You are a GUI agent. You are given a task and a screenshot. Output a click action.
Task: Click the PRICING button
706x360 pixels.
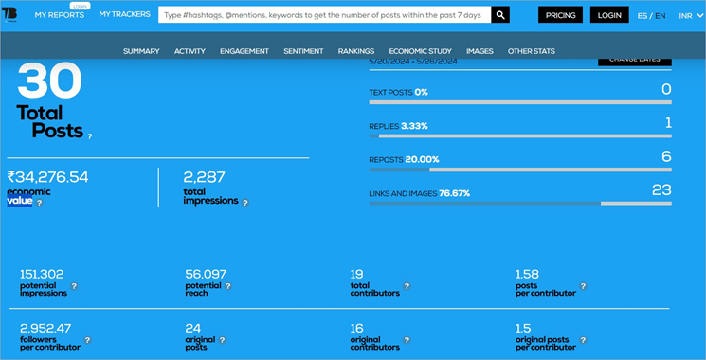pyautogui.click(x=561, y=15)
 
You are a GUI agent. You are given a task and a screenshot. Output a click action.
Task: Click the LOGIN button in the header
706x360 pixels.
pyautogui.click(x=609, y=15)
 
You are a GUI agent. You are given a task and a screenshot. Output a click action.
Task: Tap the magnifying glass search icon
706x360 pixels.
pyautogui.click(x=500, y=15)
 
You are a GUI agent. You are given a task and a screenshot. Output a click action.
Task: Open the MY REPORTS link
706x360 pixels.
pyautogui.click(x=59, y=15)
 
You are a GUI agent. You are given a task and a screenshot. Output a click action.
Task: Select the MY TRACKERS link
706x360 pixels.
pyautogui.click(x=125, y=14)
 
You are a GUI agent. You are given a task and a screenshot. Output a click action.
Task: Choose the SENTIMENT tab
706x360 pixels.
pyautogui.click(x=303, y=51)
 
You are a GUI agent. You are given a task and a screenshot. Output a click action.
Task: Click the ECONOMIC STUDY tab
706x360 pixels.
pyautogui.click(x=421, y=51)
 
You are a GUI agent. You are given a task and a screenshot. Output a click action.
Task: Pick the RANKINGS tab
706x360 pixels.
pyautogui.click(x=355, y=51)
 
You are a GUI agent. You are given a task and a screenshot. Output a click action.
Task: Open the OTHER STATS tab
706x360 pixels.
pyautogui.click(x=532, y=51)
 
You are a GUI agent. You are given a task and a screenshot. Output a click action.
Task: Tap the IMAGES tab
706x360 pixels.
pyautogui.click(x=480, y=51)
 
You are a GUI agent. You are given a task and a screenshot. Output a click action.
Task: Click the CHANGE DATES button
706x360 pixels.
pyautogui.click(x=634, y=59)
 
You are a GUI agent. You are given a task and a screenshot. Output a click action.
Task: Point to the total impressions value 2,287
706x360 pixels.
pyautogui.click(x=204, y=177)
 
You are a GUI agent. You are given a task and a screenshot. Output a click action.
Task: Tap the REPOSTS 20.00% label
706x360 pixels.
pyautogui.click(x=404, y=159)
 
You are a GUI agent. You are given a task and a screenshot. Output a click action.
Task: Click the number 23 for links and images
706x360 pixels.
pyautogui.click(x=661, y=189)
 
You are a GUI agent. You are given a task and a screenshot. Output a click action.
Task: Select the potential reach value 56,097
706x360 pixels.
pyautogui.click(x=206, y=275)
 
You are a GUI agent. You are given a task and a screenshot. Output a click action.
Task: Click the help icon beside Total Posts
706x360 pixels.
pyautogui.click(x=90, y=136)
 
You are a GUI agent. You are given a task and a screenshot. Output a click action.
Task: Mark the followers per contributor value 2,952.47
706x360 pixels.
pyautogui.click(x=45, y=328)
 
